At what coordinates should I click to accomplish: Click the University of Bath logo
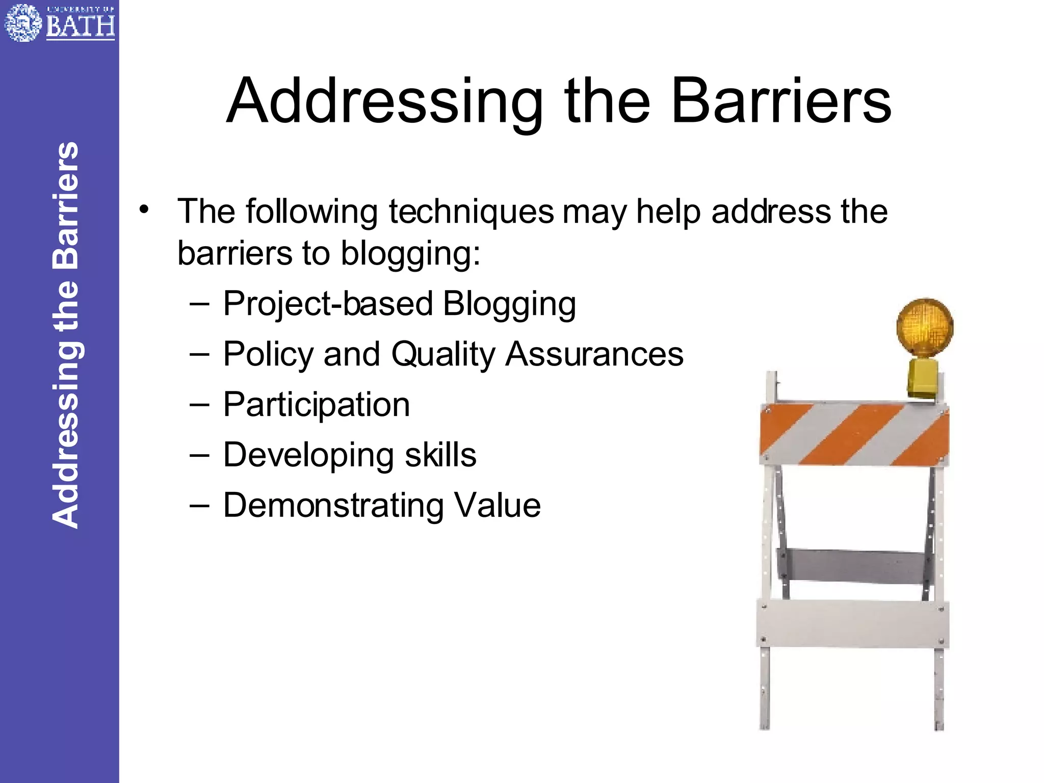click(x=59, y=22)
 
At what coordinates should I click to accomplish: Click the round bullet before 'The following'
click(x=145, y=210)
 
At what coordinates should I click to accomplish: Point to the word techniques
click(x=471, y=212)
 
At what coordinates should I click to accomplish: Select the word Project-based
click(x=328, y=304)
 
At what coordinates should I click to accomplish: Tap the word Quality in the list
click(x=442, y=355)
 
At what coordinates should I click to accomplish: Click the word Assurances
click(x=594, y=354)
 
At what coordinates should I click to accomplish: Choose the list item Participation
click(x=316, y=405)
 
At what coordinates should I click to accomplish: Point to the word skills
click(x=440, y=455)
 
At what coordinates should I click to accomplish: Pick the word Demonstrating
click(x=333, y=506)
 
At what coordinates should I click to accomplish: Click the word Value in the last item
click(x=497, y=505)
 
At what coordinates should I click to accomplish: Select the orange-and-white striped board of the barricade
click(x=854, y=434)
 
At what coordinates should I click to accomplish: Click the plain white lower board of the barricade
click(x=852, y=624)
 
